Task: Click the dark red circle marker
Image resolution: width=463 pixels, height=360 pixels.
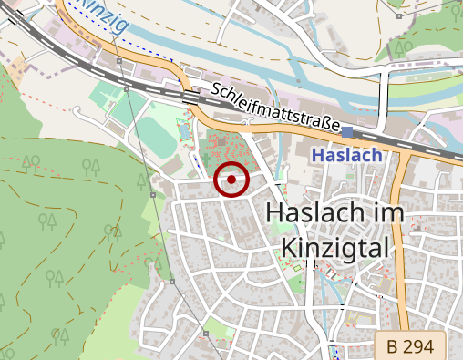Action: tap(232, 180)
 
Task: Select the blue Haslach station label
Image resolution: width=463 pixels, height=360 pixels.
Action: tap(346, 156)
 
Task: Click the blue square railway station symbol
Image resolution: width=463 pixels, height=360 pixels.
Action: tap(348, 133)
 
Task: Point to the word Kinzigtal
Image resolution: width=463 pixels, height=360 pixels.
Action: tap(336, 247)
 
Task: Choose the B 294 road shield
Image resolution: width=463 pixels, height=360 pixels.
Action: tap(409, 346)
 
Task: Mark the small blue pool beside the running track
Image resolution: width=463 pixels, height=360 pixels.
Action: tap(182, 132)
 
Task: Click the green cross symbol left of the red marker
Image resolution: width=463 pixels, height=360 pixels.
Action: tap(207, 156)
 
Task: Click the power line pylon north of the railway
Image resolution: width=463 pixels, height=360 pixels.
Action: tap(119, 61)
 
